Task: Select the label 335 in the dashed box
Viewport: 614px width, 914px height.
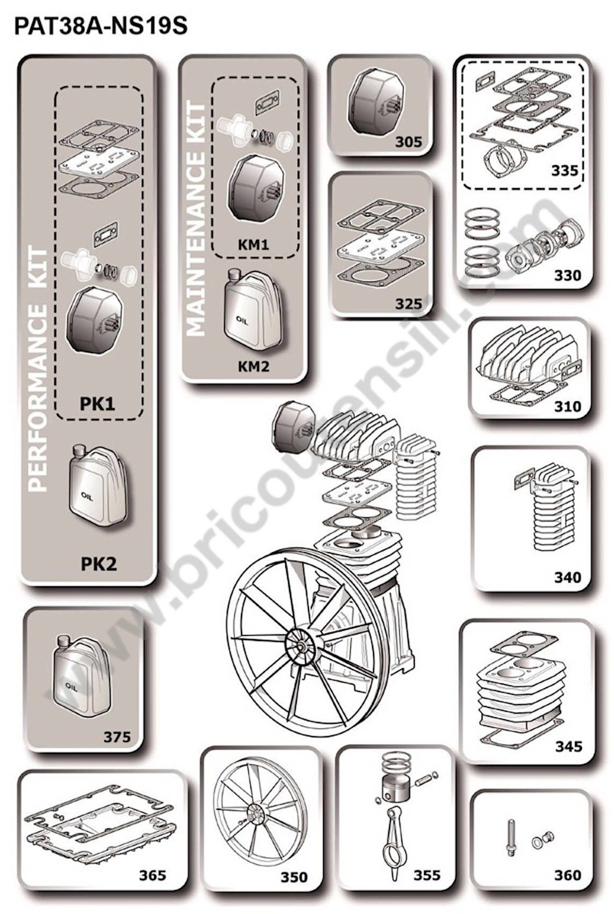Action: tap(565, 170)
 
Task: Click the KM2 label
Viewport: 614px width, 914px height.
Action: tap(254, 366)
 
